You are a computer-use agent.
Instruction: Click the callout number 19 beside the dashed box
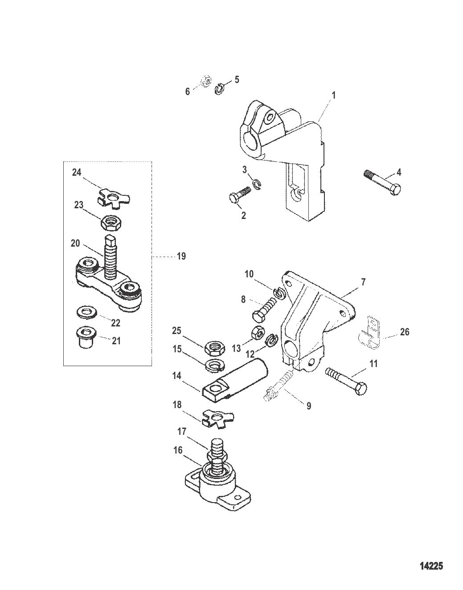click(x=181, y=256)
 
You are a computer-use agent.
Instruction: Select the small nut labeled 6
click(x=205, y=82)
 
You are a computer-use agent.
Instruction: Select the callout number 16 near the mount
click(x=178, y=450)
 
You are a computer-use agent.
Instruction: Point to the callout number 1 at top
click(x=334, y=95)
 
